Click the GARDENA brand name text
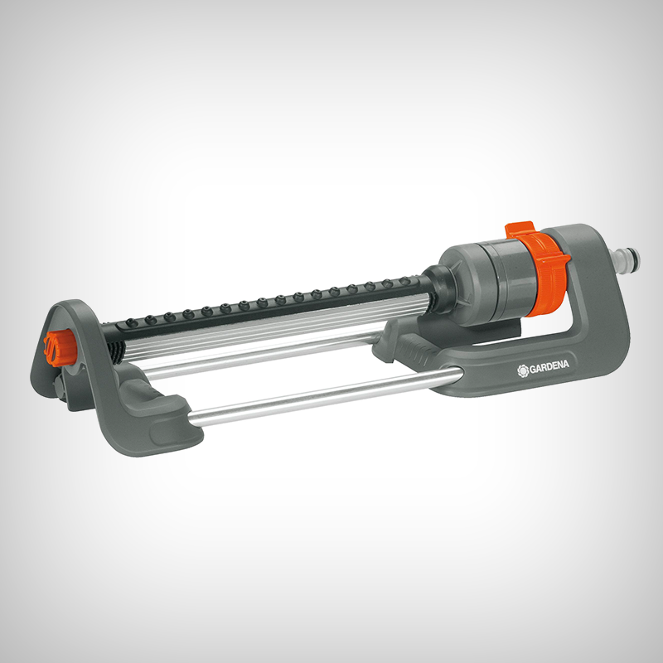[x=549, y=366]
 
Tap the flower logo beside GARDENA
[x=523, y=370]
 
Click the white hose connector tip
[x=626, y=259]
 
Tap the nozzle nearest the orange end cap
[x=132, y=322]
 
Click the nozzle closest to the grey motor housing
[x=405, y=281]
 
